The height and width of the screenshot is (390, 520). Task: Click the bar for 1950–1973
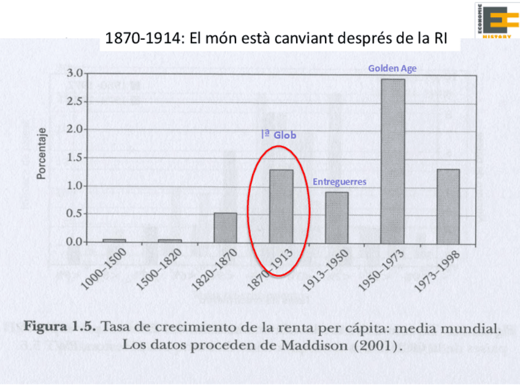[392, 161]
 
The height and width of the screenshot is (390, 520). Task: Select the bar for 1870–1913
[281, 206]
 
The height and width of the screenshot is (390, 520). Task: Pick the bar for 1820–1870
[226, 227]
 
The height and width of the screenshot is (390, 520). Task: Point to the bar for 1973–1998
[448, 206]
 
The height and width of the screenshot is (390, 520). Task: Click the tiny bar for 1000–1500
[115, 240]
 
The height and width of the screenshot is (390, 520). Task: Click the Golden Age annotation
[392, 69]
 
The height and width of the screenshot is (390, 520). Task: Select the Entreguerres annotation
[339, 182]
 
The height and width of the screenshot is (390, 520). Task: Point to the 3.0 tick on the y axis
[74, 73]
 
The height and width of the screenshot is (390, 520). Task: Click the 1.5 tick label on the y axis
[74, 158]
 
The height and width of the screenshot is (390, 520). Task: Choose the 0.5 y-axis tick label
[74, 214]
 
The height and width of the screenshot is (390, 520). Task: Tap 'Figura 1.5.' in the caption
[59, 326]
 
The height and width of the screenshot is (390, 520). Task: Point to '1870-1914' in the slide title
[139, 39]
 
